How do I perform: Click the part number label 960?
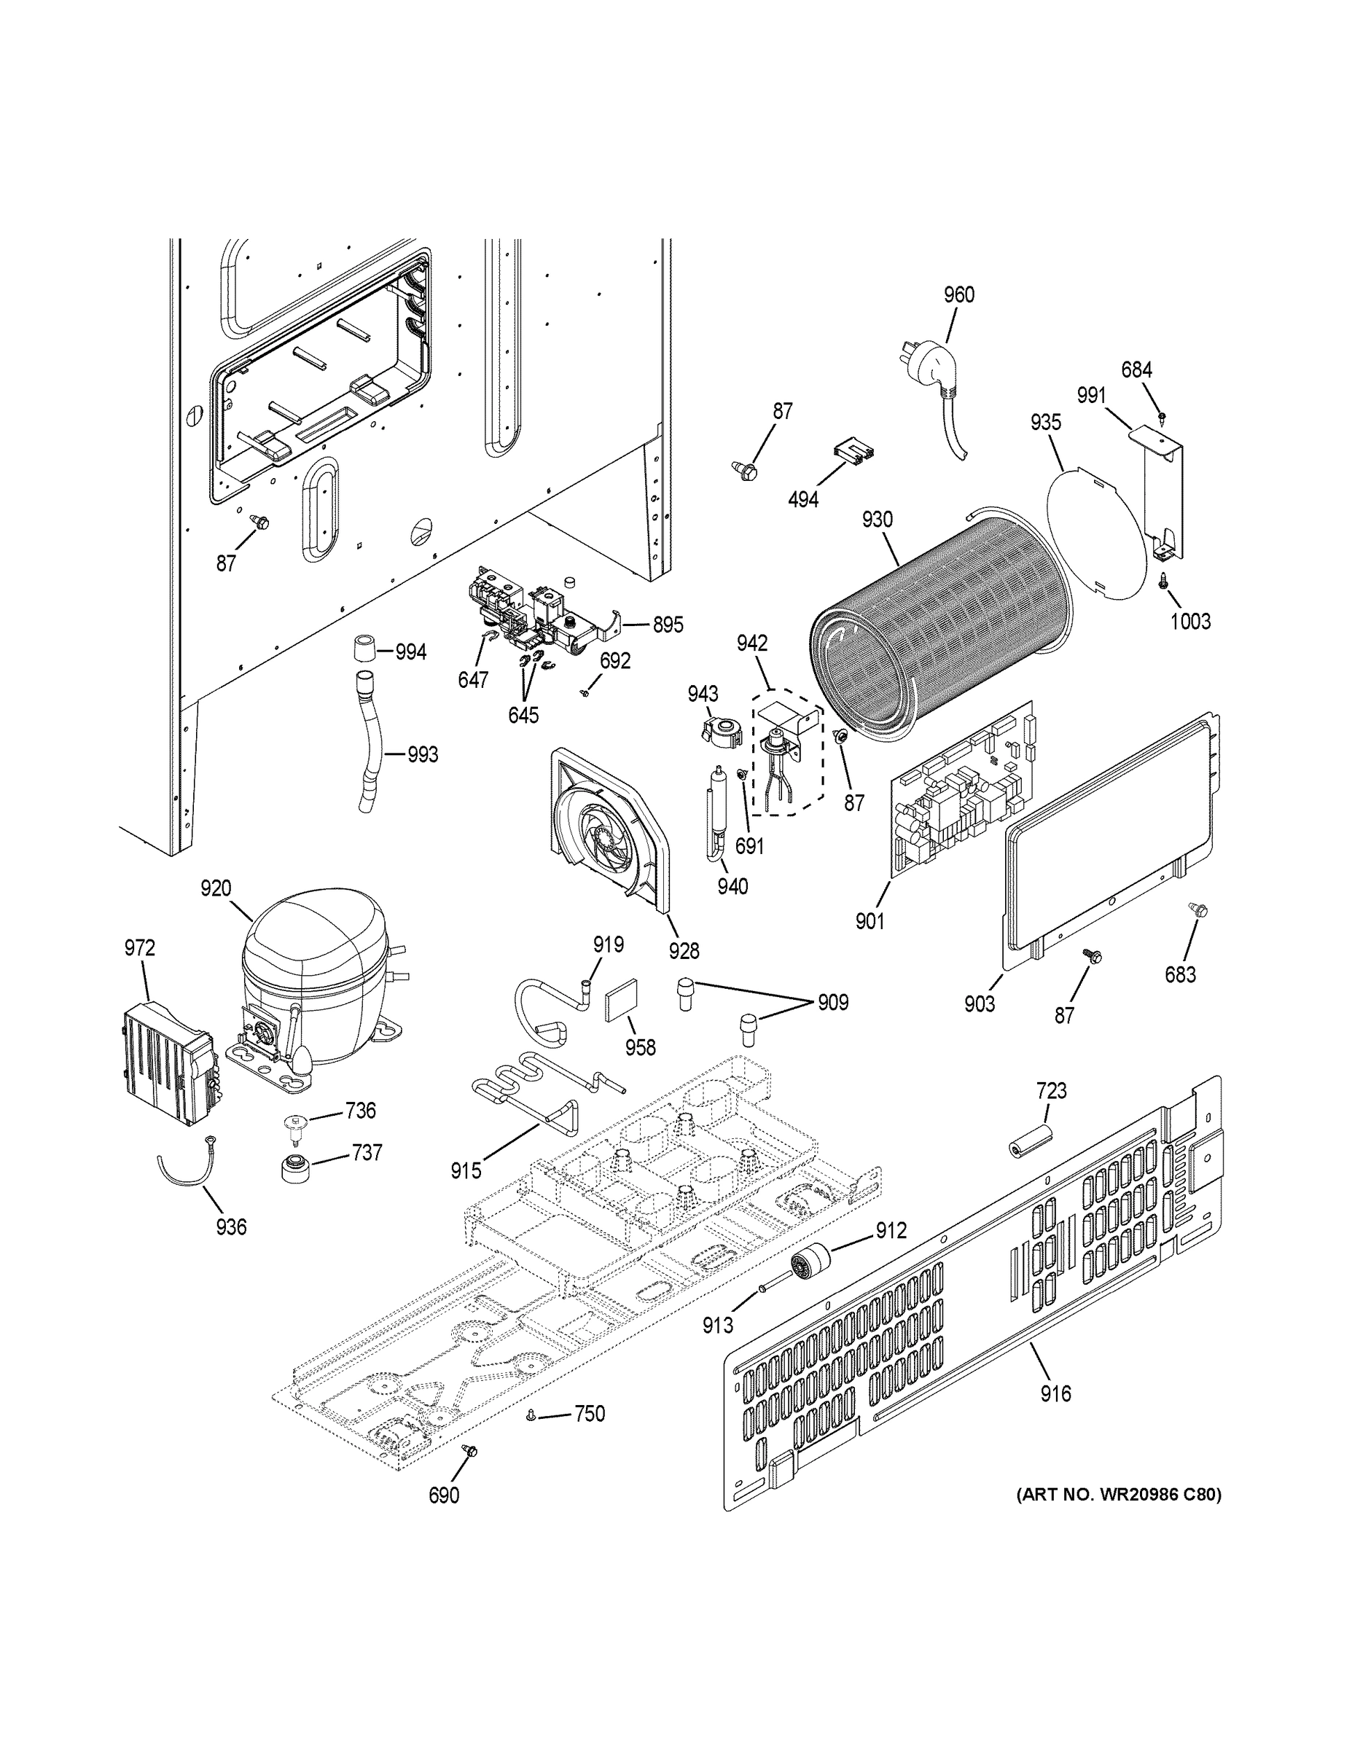958,295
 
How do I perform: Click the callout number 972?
139,948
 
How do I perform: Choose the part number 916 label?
1055,1394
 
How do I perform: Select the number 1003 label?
1189,622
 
